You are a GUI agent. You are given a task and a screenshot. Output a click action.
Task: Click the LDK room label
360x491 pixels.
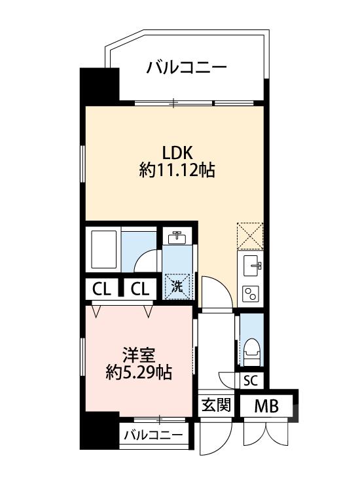177,153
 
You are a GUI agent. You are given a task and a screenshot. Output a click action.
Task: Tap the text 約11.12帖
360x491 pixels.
177,172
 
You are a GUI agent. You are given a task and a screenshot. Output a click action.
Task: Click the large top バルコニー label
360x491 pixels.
187,67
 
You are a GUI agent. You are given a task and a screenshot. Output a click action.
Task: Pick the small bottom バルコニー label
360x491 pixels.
153,435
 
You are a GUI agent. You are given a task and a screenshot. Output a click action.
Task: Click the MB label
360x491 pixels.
266,406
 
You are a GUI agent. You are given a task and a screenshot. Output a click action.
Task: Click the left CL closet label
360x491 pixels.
101,288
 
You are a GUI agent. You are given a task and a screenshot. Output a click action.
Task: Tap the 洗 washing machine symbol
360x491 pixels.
178,285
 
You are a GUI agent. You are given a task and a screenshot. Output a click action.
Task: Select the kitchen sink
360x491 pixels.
251,266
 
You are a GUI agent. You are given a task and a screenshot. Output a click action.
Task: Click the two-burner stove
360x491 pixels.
250,293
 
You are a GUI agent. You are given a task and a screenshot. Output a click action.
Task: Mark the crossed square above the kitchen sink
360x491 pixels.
250,236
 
